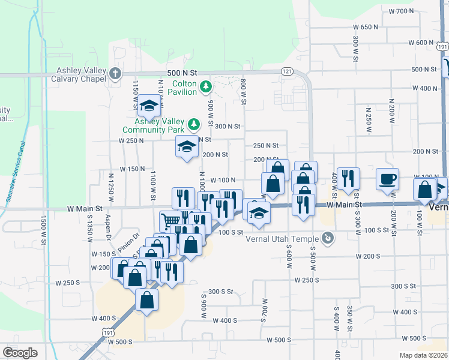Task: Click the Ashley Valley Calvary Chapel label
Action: [73, 74]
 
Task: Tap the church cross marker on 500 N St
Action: [115, 74]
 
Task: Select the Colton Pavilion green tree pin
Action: [205, 88]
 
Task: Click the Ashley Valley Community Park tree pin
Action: [193, 125]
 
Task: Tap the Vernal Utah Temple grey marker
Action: [328, 239]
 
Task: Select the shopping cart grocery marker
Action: [170, 221]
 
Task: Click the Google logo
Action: [20, 352]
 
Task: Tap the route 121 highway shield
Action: [286, 72]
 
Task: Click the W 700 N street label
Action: [402, 11]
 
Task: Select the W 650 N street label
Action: [366, 27]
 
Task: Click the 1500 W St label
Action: [43, 230]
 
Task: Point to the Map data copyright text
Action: [424, 355]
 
